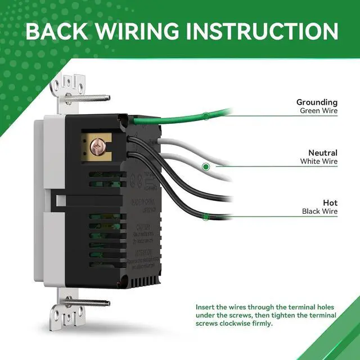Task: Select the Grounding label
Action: point(317,102)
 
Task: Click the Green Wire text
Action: point(318,111)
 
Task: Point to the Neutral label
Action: point(322,152)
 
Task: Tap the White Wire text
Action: point(319,161)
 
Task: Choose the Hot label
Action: point(330,202)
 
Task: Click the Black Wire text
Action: point(319,211)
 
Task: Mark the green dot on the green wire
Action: point(206,116)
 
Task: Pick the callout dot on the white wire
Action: point(206,166)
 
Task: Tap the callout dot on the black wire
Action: point(206,217)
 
